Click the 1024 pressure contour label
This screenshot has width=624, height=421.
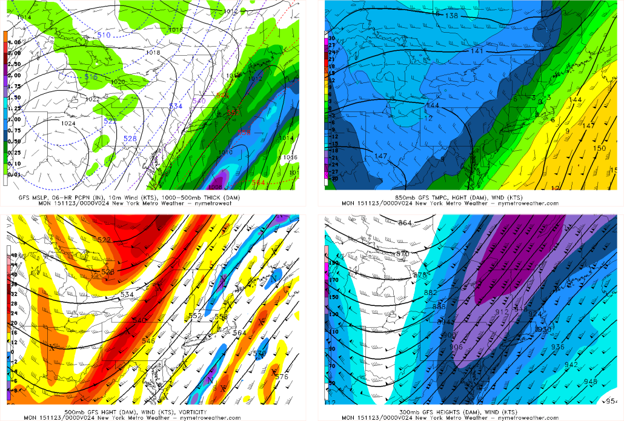68,124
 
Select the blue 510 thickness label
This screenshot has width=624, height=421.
104,35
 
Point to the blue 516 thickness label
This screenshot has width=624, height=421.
91,77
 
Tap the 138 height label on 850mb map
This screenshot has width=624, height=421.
451,15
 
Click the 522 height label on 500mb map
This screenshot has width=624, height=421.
104,240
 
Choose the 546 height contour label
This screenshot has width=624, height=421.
148,340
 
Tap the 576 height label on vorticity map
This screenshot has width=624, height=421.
281,377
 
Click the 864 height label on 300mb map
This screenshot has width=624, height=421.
405,224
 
